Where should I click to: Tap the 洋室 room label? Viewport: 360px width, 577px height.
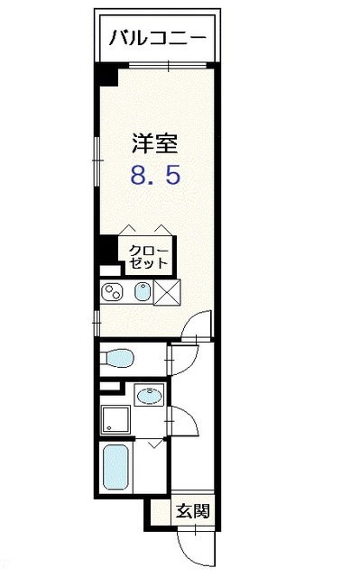coord(154,142)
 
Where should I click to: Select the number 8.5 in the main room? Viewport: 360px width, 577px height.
coord(154,174)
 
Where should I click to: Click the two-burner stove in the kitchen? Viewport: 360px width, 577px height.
coord(115,292)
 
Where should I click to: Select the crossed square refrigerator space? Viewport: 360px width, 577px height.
coord(168,292)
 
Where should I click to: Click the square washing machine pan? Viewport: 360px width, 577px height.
coord(115,417)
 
